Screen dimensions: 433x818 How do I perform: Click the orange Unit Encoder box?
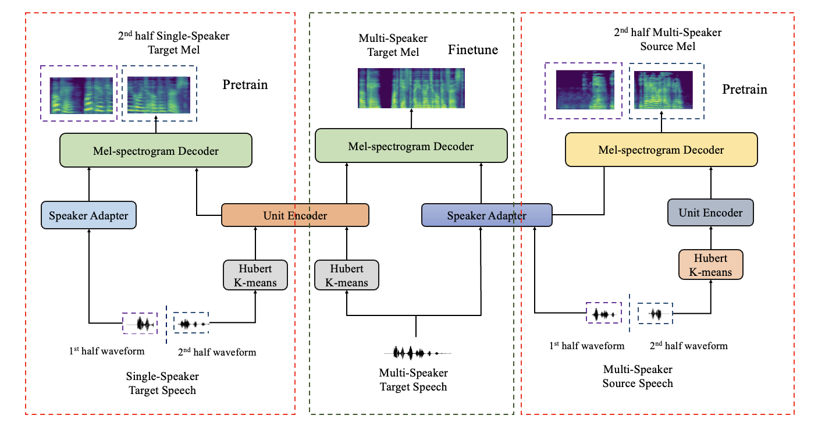coord(295,215)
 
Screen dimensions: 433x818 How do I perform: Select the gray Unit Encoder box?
coord(710,212)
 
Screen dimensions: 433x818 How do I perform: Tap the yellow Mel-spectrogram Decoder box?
coord(661,150)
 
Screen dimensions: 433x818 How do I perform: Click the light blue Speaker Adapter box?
coord(88,215)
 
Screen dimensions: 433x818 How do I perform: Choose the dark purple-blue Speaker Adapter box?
coord(486,215)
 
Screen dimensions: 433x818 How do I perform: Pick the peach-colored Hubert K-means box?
coord(710,264)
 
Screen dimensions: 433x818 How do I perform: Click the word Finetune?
coord(472,50)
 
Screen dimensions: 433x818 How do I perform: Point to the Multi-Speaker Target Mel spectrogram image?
coord(411,88)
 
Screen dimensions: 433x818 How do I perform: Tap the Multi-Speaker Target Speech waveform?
coord(416,353)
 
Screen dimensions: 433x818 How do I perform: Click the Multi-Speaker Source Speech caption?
coord(638,377)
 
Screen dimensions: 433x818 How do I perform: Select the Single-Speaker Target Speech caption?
coord(162,383)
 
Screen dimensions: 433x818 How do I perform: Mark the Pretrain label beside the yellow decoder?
coord(745,90)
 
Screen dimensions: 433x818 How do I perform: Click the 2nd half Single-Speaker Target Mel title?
coord(173,42)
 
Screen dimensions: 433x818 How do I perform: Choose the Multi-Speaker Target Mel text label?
coord(393,45)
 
